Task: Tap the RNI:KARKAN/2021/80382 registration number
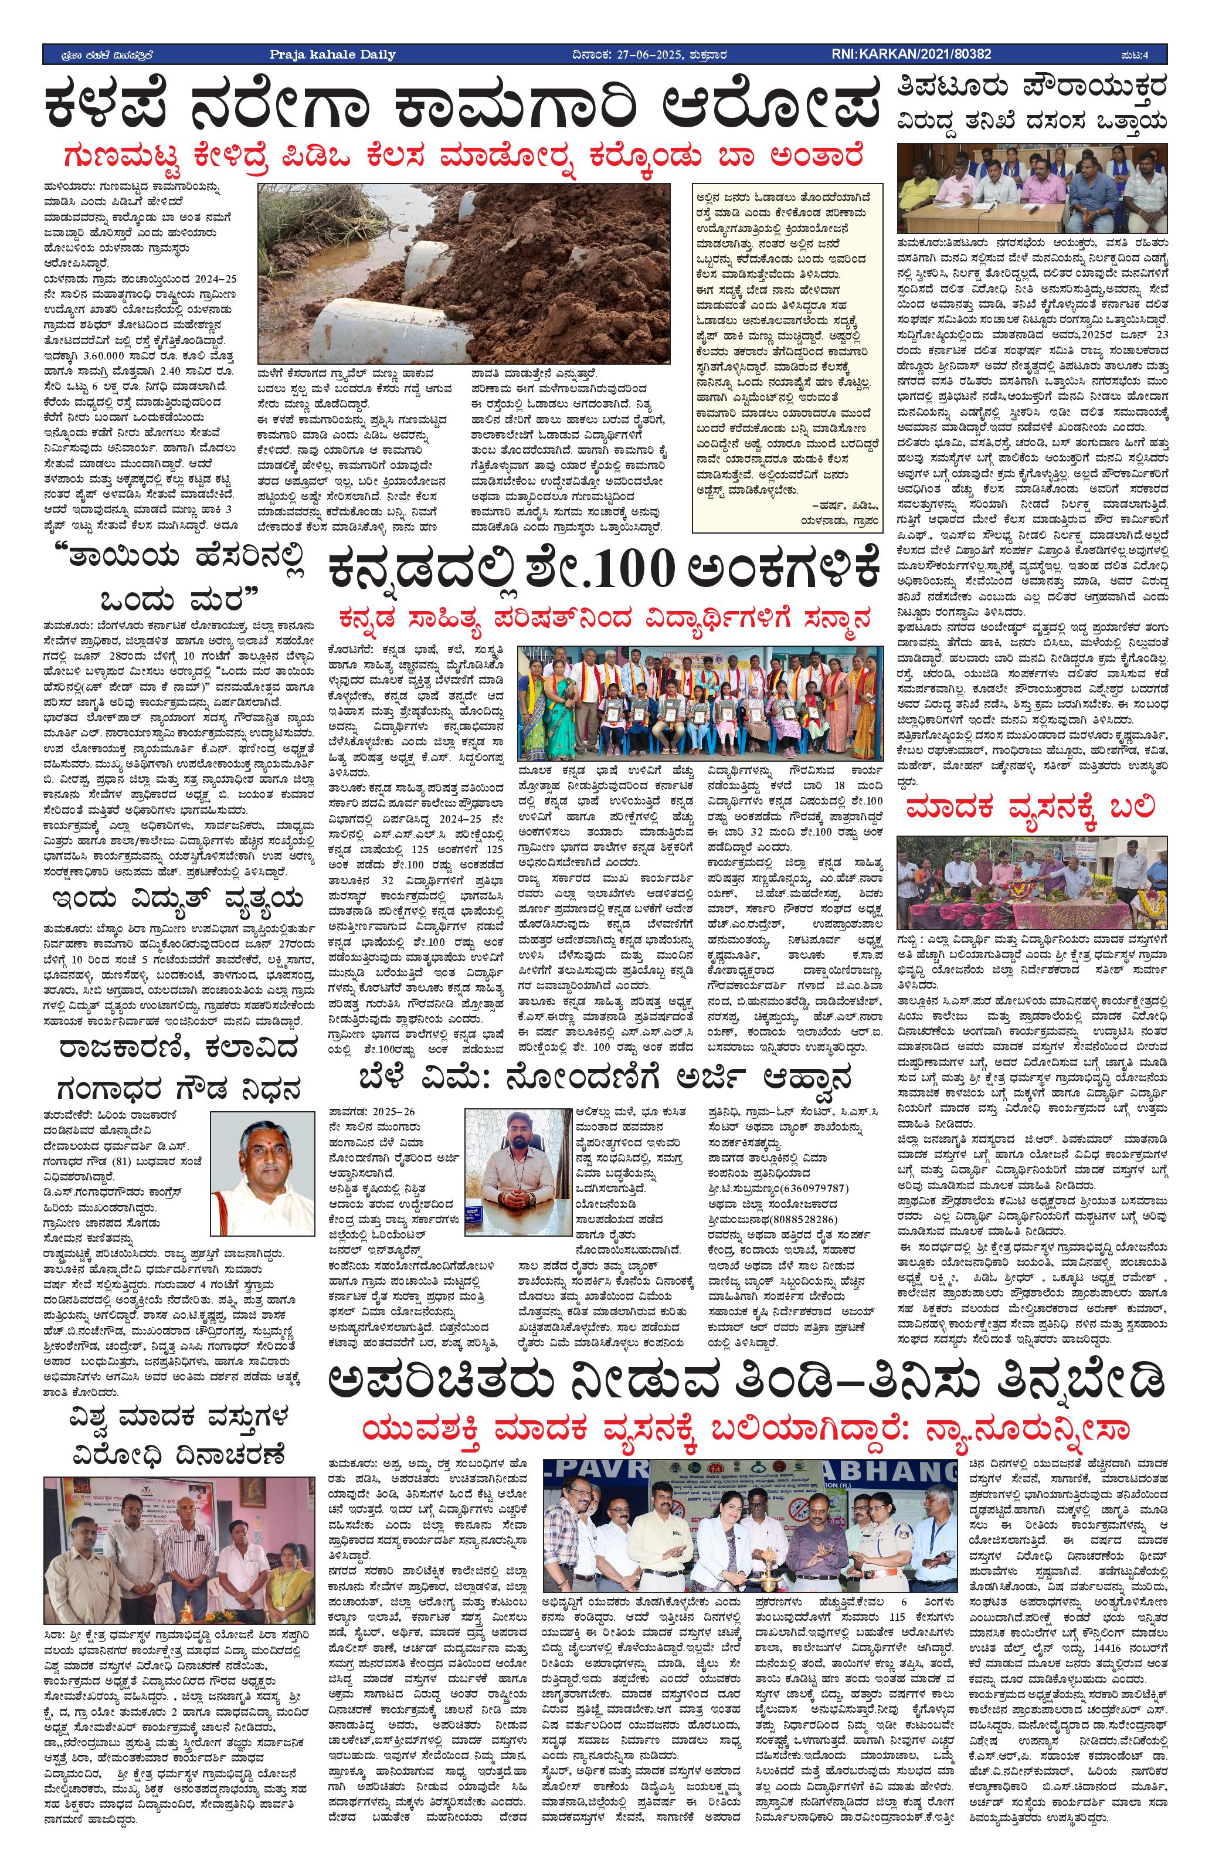click(911, 54)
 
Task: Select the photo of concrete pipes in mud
click(463, 273)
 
